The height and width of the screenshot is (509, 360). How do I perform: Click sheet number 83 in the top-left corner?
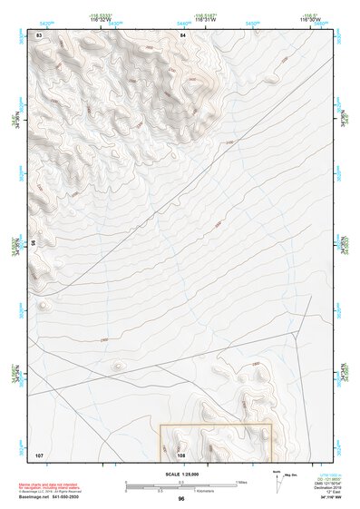click(39, 34)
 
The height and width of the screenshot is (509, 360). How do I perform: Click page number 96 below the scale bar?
click(181, 499)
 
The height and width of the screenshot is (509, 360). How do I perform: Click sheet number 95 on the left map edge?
click(35, 243)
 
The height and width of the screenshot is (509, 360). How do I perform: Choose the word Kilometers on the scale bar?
click(219, 490)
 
